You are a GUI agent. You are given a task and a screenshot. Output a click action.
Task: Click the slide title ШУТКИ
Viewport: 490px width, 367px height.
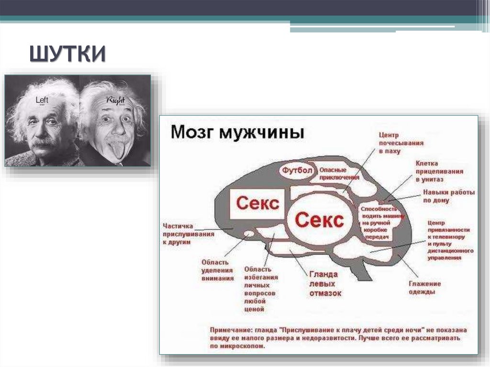point(67,54)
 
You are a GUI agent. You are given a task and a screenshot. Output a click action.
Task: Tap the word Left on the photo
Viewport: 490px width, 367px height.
point(42,100)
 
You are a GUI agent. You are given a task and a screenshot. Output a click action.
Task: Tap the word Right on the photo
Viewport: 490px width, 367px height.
point(115,100)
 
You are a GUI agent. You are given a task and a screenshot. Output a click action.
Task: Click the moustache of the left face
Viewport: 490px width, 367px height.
point(43,142)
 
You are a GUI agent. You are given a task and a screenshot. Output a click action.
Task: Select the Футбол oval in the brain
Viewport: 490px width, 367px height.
point(297,171)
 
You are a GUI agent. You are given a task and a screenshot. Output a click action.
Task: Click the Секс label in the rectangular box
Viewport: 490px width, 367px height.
point(257,203)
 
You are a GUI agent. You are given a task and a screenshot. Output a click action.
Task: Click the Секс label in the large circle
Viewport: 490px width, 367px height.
point(319,220)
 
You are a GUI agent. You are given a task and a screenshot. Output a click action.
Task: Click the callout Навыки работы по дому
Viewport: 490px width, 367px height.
point(448,197)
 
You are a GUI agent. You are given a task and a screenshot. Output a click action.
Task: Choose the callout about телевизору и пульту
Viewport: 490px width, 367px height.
point(450,240)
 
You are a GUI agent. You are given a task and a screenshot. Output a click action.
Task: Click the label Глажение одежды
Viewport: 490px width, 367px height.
point(424,288)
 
